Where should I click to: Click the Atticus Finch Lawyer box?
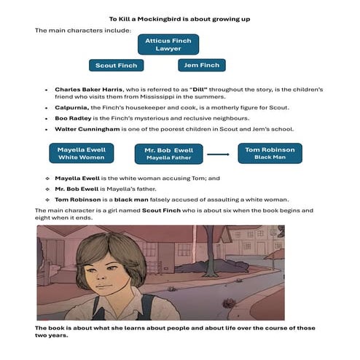[168, 44]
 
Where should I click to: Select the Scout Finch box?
[117, 66]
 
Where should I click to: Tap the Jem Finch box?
[202, 66]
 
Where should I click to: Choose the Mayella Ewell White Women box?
[82, 152]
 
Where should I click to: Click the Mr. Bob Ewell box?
[168, 153]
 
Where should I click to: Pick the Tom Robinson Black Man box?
[270, 152]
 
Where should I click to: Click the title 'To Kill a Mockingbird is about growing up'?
[179, 18]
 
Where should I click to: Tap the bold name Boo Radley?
[74, 118]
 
